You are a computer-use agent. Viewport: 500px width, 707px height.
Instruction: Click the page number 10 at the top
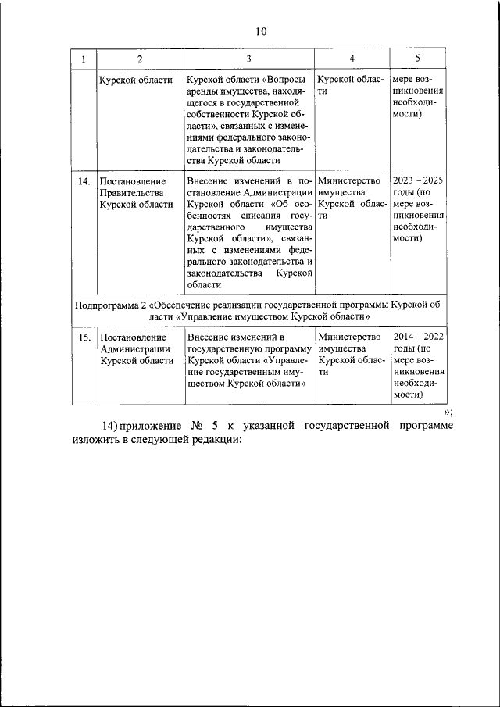coord(260,31)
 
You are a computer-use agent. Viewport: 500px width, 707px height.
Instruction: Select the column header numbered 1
coord(83,59)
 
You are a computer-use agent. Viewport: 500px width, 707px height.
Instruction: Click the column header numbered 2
coord(138,59)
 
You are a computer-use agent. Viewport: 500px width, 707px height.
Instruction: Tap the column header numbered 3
coord(248,59)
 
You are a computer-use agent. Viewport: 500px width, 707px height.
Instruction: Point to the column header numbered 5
coord(417,59)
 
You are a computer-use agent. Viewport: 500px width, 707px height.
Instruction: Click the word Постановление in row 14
coord(133,181)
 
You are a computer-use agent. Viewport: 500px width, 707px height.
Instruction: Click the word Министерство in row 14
coord(349,181)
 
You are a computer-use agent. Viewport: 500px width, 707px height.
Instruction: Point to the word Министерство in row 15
coord(349,337)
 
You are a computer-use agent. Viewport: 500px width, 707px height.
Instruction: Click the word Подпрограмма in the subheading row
coord(112,304)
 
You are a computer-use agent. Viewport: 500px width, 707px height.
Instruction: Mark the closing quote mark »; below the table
coord(448,412)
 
